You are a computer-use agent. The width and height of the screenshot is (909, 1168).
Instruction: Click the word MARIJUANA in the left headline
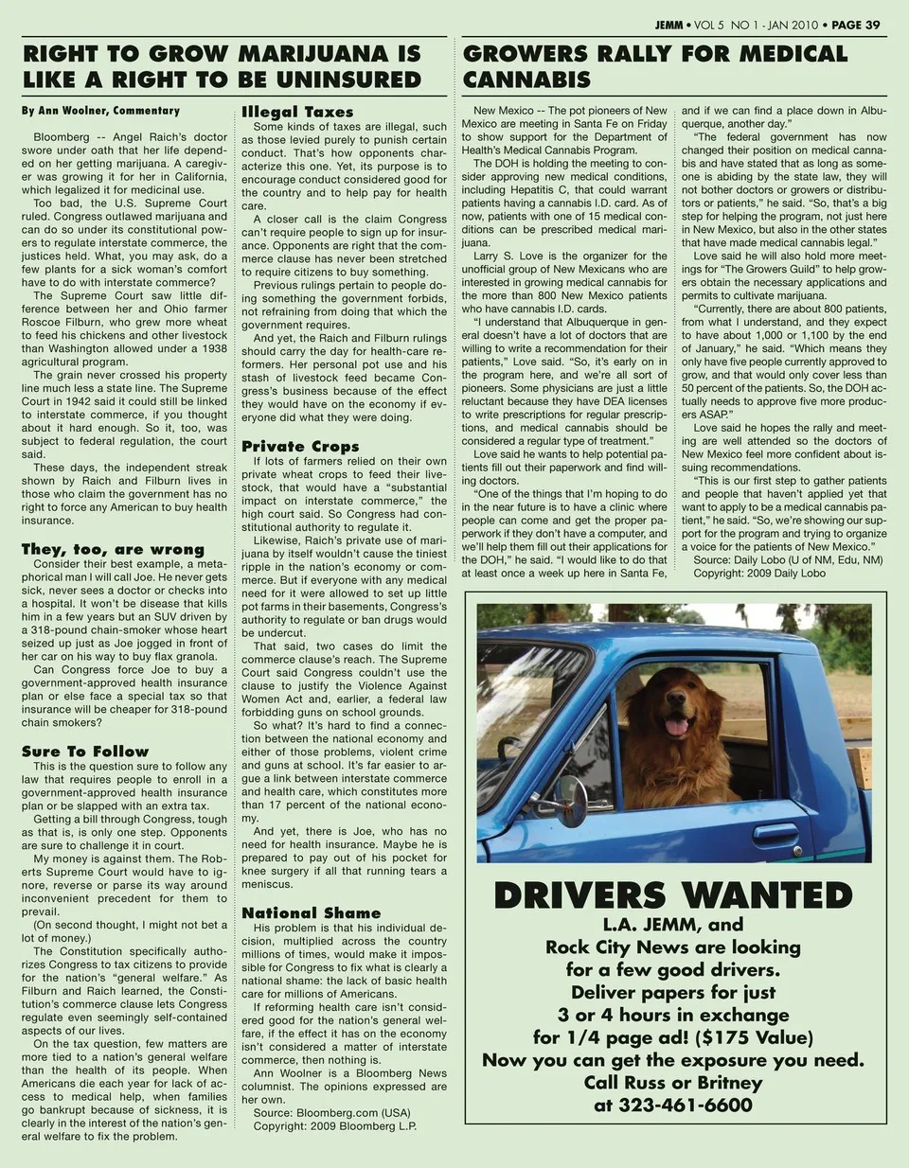pos(303,53)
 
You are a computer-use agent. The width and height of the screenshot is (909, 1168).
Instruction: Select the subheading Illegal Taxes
pos(297,112)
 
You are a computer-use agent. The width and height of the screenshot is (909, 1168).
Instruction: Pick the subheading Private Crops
pos(300,446)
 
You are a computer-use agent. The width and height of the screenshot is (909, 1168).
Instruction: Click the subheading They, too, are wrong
pos(113,549)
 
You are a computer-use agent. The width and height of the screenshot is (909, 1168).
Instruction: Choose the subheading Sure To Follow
pos(85,751)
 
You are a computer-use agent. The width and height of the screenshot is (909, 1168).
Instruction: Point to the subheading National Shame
pos(311,912)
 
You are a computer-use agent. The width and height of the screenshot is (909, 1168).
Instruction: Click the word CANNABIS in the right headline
pos(526,80)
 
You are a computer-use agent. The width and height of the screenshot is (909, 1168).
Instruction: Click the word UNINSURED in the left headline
pos(333,80)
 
